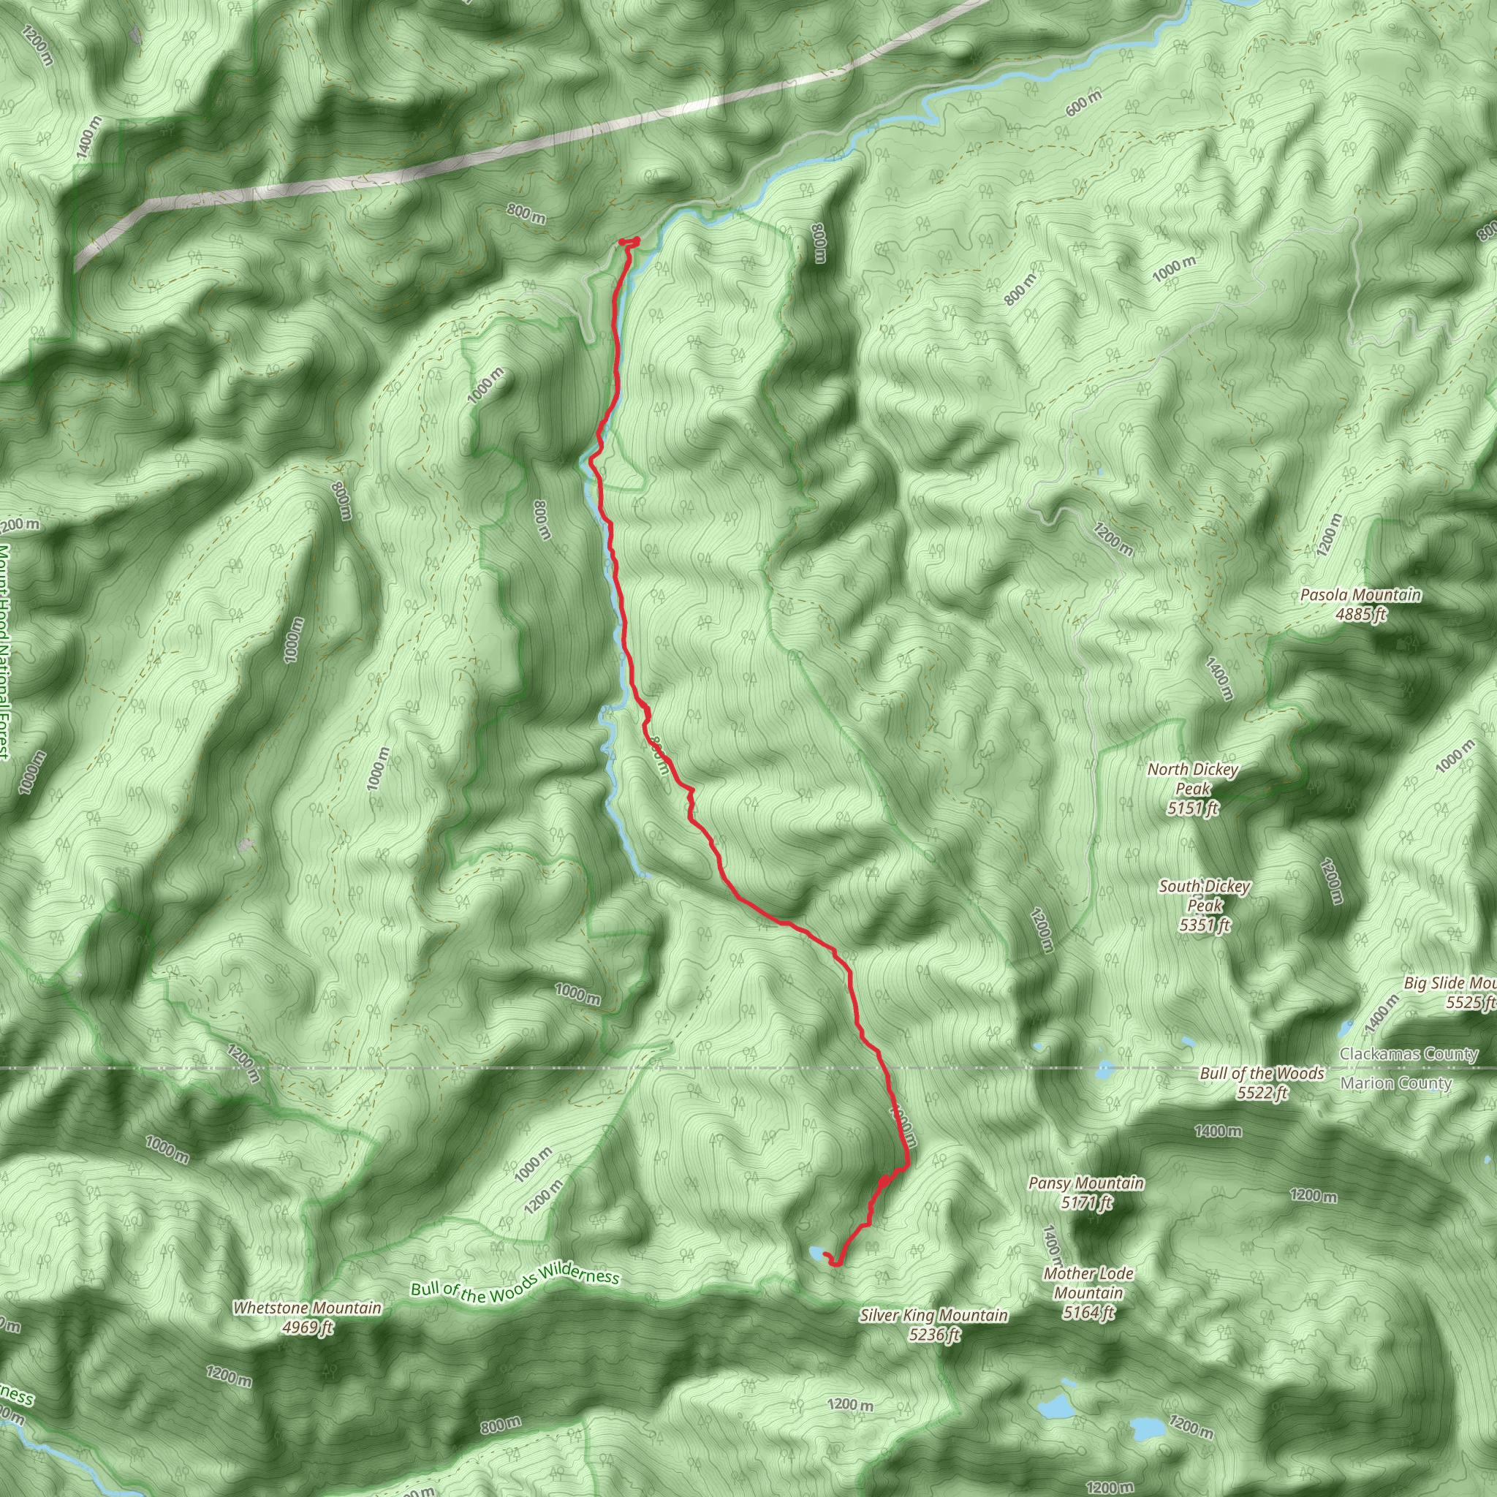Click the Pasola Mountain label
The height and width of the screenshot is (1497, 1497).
click(x=1360, y=596)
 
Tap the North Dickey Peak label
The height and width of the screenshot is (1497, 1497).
click(x=1192, y=789)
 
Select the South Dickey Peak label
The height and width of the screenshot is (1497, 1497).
click(x=1204, y=905)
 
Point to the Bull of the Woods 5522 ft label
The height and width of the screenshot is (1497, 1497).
click(x=1262, y=1083)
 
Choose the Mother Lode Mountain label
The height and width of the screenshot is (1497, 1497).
click(x=1088, y=1292)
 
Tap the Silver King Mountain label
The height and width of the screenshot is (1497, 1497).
click(x=933, y=1316)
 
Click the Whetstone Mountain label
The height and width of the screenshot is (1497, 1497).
click(x=307, y=1308)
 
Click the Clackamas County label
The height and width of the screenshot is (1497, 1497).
click(x=1409, y=1055)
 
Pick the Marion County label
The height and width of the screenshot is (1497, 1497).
click(x=1395, y=1083)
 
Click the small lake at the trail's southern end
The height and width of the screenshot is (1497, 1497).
click(x=816, y=1252)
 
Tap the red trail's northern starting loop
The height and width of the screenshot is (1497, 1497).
click(x=630, y=243)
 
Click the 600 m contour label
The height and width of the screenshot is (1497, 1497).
click(x=1083, y=104)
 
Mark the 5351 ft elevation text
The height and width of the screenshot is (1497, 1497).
click(x=1204, y=925)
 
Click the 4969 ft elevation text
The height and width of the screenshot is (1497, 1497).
click(x=307, y=1327)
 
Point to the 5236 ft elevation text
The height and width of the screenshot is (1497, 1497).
click(x=933, y=1334)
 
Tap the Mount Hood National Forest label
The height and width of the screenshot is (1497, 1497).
click(x=4, y=651)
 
